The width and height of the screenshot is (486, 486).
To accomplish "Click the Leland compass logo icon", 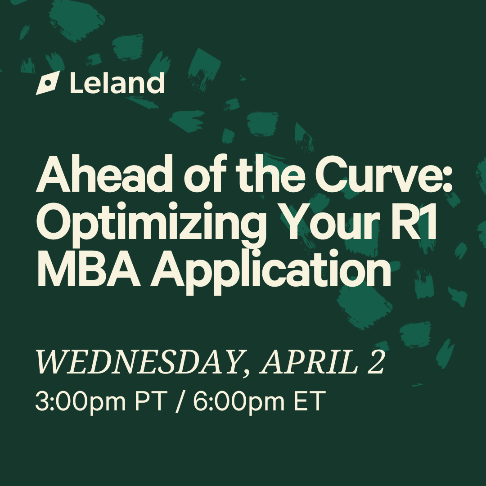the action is click(48, 83).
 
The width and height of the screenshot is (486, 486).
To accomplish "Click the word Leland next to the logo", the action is click(117, 83).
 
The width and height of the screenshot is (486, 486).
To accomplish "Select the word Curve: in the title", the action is click(384, 174).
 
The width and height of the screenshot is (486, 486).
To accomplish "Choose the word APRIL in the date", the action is click(309, 362).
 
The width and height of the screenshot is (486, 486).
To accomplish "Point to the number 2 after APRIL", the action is click(376, 362).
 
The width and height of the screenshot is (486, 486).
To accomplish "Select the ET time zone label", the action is click(310, 401).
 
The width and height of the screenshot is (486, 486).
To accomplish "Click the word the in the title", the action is click(270, 174).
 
